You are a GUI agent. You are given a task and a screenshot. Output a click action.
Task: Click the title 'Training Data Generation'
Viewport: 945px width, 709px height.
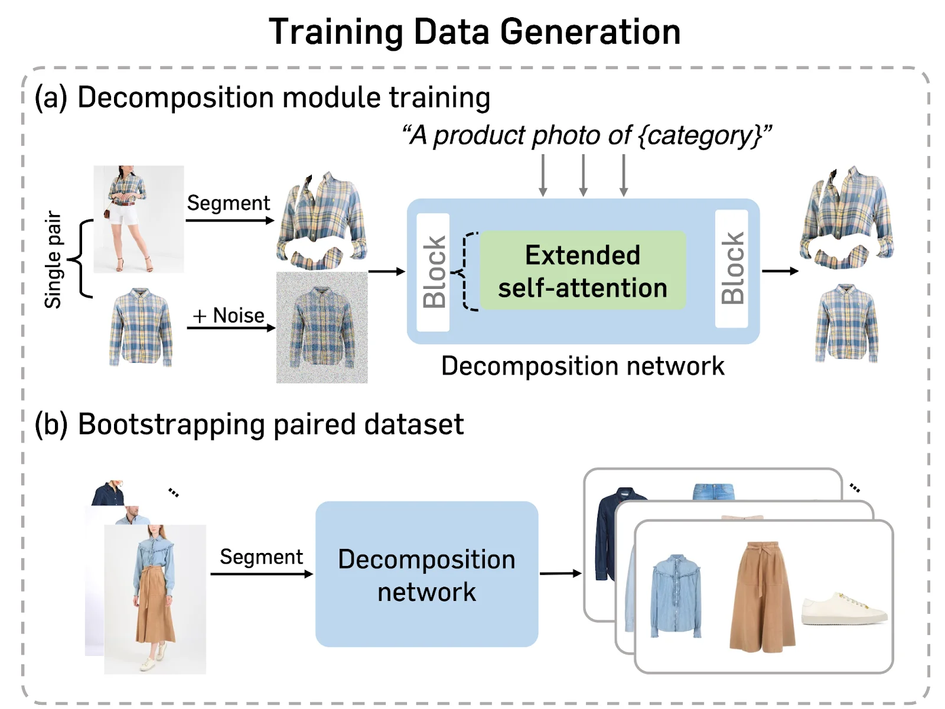(x=474, y=32)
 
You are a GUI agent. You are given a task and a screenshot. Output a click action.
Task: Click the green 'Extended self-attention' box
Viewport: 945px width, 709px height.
(x=582, y=271)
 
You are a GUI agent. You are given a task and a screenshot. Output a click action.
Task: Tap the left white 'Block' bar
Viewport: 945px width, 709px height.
(x=434, y=272)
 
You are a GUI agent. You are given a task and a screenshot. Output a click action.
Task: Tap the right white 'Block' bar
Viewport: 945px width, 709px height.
(x=732, y=269)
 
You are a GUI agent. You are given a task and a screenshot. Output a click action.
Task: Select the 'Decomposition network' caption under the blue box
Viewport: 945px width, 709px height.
(x=582, y=366)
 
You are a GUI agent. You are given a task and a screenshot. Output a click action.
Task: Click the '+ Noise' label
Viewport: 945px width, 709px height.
(x=229, y=316)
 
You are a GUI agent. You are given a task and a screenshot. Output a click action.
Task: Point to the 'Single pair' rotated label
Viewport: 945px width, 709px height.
(x=53, y=260)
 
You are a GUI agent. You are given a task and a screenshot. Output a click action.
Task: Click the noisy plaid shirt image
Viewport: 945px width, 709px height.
(x=322, y=327)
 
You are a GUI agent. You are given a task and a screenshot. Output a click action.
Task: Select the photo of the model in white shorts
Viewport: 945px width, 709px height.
(x=139, y=219)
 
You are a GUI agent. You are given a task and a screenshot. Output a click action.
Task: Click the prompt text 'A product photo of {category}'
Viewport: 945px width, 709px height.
(x=586, y=135)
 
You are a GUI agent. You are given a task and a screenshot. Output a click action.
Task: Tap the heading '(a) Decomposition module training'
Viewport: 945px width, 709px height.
(x=262, y=97)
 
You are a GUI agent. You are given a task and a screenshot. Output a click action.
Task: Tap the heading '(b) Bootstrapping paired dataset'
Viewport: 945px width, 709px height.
(x=249, y=425)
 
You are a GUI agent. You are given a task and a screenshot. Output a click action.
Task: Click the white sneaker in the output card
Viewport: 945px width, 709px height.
(x=843, y=609)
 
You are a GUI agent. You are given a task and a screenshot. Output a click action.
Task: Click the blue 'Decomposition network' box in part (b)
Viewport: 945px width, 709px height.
(x=426, y=574)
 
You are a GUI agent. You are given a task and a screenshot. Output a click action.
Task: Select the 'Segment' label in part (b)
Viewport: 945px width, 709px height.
(x=261, y=557)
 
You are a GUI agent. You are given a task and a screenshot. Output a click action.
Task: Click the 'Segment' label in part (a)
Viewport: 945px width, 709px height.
(x=228, y=203)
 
